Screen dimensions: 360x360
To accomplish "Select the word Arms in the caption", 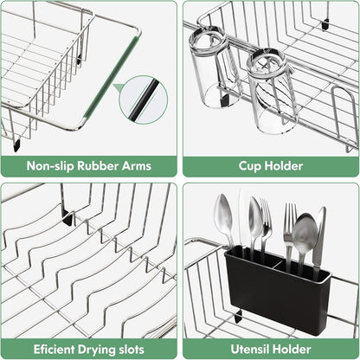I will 135,167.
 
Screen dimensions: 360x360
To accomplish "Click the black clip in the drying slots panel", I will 67,218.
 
